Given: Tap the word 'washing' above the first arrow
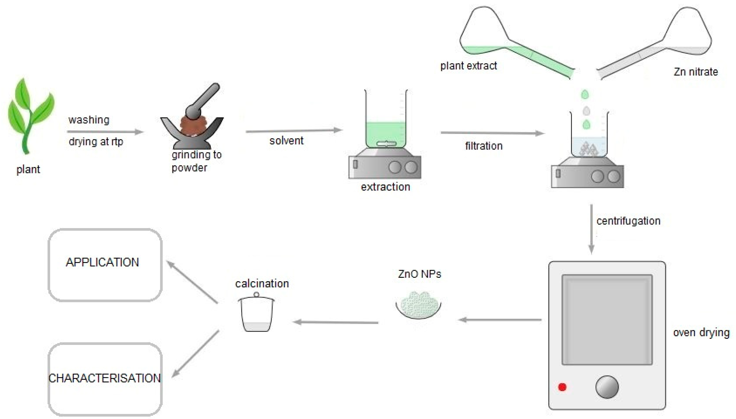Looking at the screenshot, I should [x=89, y=120].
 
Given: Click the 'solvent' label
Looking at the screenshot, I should [x=286, y=141].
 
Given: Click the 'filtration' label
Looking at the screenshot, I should [x=484, y=146].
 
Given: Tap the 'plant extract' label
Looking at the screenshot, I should [x=469, y=66].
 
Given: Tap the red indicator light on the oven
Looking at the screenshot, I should [x=562, y=387].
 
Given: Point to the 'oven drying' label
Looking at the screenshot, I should [x=701, y=333].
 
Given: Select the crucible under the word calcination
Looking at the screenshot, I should [x=256, y=314].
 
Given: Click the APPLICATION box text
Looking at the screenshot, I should [x=102, y=262].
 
